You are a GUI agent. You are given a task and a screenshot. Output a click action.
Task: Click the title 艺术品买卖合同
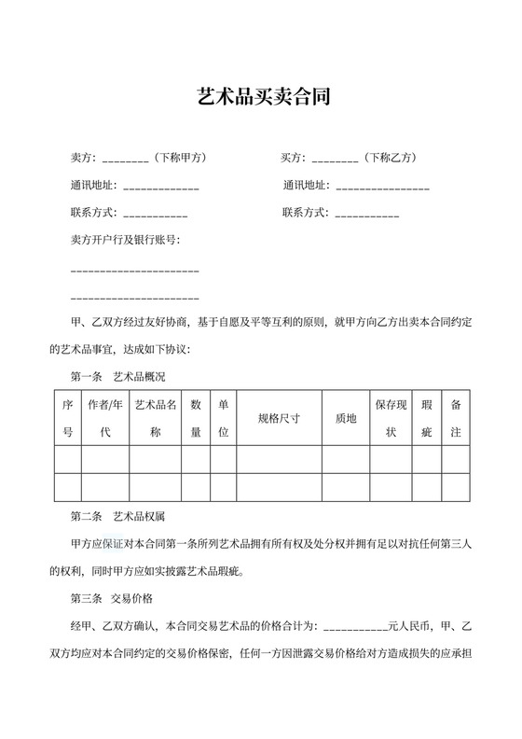[261, 96]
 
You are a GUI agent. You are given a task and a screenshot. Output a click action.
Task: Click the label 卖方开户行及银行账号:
[126, 240]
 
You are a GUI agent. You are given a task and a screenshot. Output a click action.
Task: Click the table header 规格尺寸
[279, 419]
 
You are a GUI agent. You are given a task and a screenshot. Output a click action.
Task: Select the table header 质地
[345, 419]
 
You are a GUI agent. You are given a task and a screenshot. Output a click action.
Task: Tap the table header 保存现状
[391, 419]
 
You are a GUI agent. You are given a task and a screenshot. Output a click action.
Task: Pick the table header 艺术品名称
[156, 419]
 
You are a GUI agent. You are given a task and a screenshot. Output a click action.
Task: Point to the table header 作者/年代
[104, 419]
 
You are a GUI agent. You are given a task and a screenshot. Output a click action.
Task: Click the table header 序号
[67, 419]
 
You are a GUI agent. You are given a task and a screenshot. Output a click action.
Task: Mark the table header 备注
[455, 419]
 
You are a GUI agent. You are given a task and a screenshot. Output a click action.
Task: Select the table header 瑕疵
[427, 419]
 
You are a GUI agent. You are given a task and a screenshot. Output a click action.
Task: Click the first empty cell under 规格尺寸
[279, 460]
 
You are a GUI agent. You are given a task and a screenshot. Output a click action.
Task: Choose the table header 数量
[196, 419]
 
